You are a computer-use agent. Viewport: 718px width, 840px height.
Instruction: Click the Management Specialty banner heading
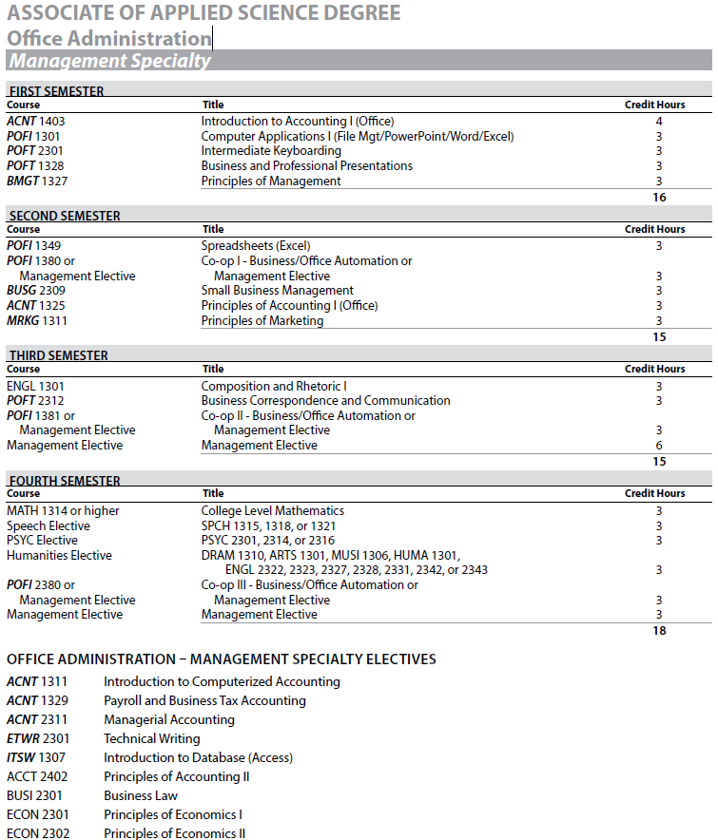click(108, 61)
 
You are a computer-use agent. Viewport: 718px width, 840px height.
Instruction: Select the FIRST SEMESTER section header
click(56, 91)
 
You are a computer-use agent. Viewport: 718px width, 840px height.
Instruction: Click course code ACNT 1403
click(36, 122)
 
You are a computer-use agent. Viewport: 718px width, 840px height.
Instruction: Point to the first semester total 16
click(659, 198)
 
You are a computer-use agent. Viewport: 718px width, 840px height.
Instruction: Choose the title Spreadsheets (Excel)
click(256, 246)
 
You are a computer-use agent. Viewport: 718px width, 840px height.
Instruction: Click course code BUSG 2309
click(36, 291)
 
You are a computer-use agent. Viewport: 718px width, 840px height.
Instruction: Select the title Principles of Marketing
click(262, 321)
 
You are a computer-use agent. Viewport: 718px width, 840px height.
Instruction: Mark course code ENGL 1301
click(35, 387)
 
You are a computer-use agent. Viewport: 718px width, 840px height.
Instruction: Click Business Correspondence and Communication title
click(325, 401)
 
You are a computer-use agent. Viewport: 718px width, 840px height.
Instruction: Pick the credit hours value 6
click(659, 446)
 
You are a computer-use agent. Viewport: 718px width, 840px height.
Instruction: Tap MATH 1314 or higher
click(63, 511)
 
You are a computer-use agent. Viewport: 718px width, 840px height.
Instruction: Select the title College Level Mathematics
click(273, 511)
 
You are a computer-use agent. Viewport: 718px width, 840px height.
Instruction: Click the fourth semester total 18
click(659, 630)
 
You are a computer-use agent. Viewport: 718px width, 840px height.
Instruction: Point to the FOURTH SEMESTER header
click(64, 481)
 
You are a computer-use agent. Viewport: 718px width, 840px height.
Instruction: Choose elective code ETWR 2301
click(37, 738)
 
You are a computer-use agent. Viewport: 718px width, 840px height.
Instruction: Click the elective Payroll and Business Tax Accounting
click(204, 700)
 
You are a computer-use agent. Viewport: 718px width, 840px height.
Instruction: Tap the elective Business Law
click(141, 795)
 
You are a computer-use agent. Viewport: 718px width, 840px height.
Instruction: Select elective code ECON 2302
click(37, 833)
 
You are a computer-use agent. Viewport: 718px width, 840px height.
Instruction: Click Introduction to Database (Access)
click(198, 757)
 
